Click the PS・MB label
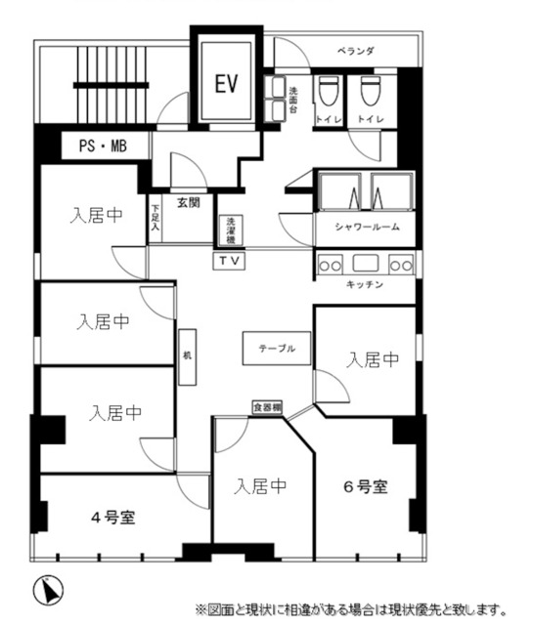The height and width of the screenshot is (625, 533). (x=102, y=146)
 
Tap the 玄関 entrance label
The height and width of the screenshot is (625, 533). (x=188, y=203)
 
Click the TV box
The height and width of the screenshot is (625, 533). (x=229, y=261)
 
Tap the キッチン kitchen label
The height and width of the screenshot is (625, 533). (x=364, y=284)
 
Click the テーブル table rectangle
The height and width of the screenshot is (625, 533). (x=277, y=348)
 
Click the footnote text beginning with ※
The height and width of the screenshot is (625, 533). (x=351, y=609)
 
